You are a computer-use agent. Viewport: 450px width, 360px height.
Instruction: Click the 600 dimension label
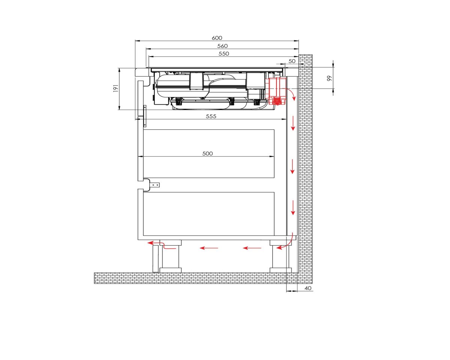pyautogui.click(x=217, y=38)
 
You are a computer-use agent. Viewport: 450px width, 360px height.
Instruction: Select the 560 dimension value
pyautogui.click(x=222, y=46)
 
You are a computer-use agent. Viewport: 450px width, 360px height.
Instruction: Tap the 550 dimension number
pyautogui.click(x=224, y=54)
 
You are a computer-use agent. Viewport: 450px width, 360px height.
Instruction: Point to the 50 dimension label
pyautogui.click(x=292, y=61)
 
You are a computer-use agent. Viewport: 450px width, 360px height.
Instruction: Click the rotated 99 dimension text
pyautogui.click(x=329, y=78)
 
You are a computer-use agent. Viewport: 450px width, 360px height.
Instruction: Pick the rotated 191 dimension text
pyautogui.click(x=115, y=88)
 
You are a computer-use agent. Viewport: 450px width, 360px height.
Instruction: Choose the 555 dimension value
pyautogui.click(x=211, y=116)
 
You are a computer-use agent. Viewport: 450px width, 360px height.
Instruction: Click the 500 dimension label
pyautogui.click(x=207, y=153)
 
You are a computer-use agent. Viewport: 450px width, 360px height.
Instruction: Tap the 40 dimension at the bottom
pyautogui.click(x=308, y=288)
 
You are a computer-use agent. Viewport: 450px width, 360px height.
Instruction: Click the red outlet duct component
pyautogui.click(x=276, y=91)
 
